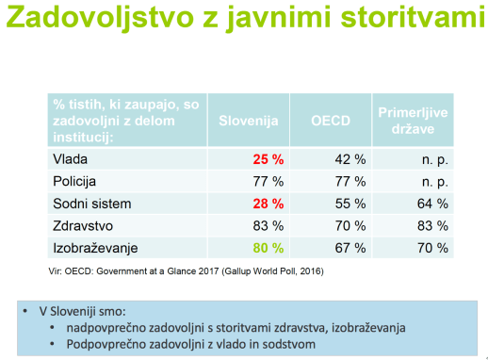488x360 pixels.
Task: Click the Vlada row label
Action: pyautogui.click(x=70, y=158)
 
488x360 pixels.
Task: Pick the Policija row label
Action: pyautogui.click(x=75, y=179)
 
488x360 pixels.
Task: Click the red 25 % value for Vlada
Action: pyautogui.click(x=267, y=158)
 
